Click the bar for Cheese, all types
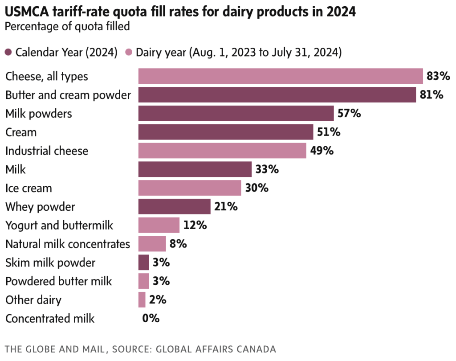tap(281, 76)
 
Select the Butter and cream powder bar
tap(277, 95)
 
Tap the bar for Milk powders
tap(236, 114)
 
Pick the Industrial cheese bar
tap(222, 151)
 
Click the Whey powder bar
tap(174, 207)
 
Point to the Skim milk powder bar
tap(143, 263)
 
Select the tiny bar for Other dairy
tap(142, 300)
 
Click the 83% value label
tap(438, 76)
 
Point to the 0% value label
tap(151, 319)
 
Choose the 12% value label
tap(195, 226)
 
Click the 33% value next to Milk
tap(268, 169)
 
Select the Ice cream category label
tap(28, 189)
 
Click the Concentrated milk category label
tap(50, 319)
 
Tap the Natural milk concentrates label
tap(68, 244)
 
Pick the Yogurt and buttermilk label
tap(59, 226)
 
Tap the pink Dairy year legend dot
tap(130, 53)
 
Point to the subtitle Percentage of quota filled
tap(67, 27)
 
